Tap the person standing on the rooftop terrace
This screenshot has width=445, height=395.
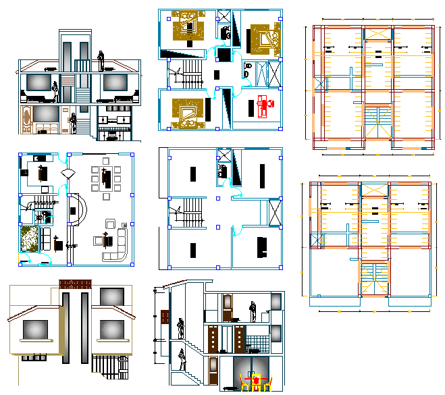click(101, 61)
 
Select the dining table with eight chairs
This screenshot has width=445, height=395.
click(105, 178)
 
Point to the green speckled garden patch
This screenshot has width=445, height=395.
click(31, 239)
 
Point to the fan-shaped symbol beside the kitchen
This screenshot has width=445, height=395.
click(66, 174)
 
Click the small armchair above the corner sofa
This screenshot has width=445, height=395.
click(110, 224)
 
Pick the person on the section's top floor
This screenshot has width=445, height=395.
click(253, 311)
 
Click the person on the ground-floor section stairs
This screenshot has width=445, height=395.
click(182, 359)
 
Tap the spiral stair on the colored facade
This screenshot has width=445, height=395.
click(107, 368)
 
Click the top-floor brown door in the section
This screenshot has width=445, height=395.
click(229, 307)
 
